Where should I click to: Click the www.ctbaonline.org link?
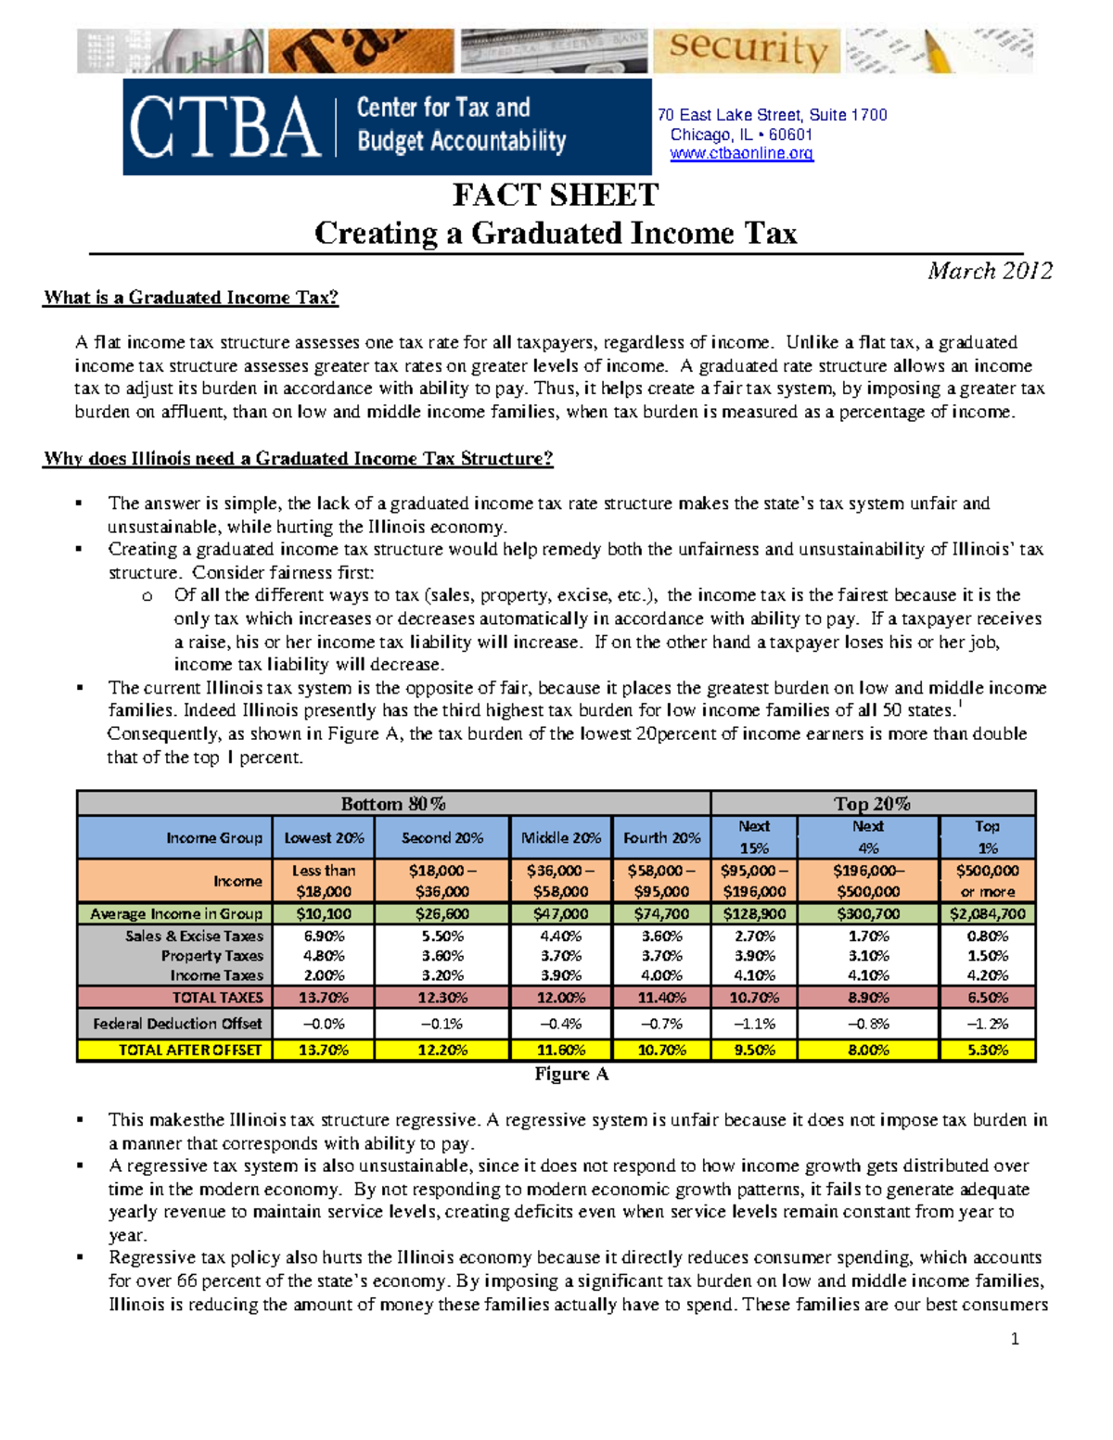[741, 154]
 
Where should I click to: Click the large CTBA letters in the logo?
[224, 127]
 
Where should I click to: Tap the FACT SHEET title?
[555, 196]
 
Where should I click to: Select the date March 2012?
[990, 271]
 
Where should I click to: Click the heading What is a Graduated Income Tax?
[190, 298]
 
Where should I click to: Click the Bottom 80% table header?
[393, 804]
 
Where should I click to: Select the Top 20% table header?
[872, 804]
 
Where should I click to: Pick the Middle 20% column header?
[560, 837]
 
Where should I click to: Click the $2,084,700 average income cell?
[987, 913]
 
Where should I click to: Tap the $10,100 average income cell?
[323, 913]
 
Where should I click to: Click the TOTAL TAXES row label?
[217, 998]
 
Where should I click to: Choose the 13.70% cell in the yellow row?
[323, 1050]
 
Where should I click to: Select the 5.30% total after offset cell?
[987, 1050]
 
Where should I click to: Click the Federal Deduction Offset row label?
[177, 1024]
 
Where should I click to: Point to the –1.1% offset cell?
[753, 1024]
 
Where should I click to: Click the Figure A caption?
[571, 1074]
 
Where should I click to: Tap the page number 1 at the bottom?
[1015, 1338]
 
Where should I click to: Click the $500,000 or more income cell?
[987, 881]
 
